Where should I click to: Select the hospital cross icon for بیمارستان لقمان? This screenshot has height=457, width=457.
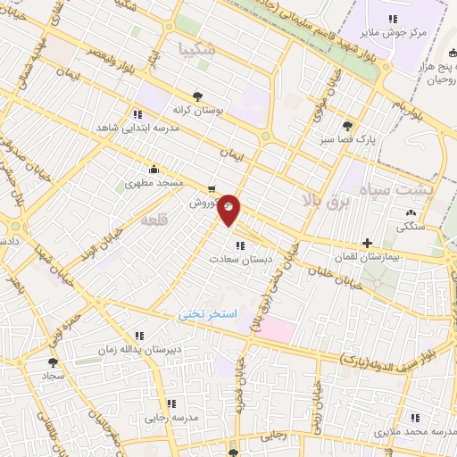pos(367,243)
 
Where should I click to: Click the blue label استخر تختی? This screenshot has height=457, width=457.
pos(205,316)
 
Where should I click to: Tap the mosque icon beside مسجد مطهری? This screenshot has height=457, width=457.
pos(154,168)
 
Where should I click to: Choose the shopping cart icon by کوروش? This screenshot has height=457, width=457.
pos(211,188)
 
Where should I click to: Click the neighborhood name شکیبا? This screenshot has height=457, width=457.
pos(197,48)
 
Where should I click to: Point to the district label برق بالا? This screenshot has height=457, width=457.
pos(328,203)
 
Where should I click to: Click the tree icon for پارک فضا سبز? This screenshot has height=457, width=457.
pos(347,126)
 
